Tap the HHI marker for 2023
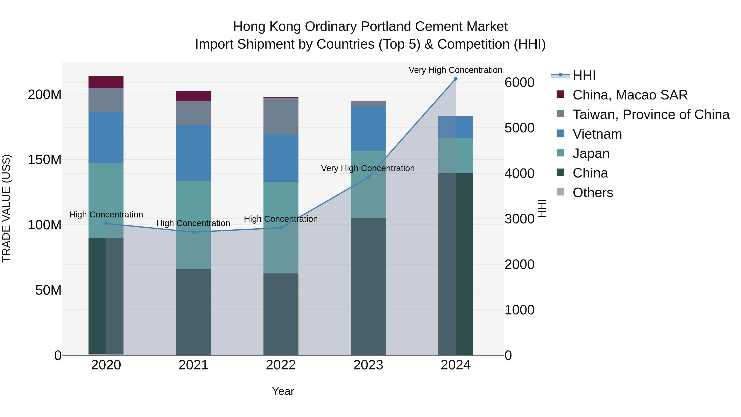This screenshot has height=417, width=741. coord(368,177)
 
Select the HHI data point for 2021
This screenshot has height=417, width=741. coord(193,232)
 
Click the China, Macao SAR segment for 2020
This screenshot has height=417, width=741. coord(106,82)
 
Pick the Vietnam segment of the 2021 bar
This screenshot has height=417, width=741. coord(193,153)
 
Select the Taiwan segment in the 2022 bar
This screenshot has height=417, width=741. coord(281,116)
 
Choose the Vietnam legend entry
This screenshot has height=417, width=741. coord(597,134)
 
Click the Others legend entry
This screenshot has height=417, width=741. coord(593,193)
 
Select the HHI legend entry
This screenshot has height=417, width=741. coord(584,75)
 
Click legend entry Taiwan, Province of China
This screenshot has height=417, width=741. coord(651,114)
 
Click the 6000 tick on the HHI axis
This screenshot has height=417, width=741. coord(519,83)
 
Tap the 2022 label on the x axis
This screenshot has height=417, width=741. coord(281,365)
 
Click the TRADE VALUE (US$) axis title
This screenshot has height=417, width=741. coord(6,208)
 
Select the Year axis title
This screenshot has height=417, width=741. coord(283,391)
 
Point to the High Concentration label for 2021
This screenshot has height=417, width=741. coord(193,223)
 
